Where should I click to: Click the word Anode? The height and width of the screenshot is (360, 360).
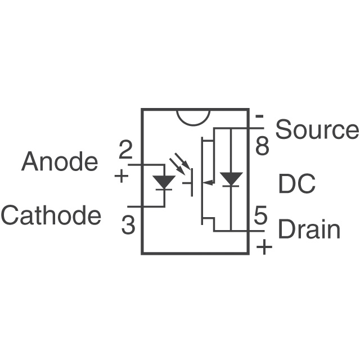60,161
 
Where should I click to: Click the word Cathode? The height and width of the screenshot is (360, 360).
51,215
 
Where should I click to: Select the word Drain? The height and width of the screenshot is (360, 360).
309,228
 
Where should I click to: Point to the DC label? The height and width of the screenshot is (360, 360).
297,183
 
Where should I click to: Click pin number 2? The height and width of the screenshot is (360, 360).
126,150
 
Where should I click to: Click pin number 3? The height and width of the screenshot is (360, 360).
128,225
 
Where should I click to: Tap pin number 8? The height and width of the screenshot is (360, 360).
262,146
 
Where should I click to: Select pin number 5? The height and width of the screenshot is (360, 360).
260,215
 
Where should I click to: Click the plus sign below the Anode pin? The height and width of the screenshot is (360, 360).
121,176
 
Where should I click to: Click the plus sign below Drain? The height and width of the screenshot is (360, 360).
264,247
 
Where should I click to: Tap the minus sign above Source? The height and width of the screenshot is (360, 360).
260,116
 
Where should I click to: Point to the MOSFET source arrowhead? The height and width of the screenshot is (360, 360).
208,182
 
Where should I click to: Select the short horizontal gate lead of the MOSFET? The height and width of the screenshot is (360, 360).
187,183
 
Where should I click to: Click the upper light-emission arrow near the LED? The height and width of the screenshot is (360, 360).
182,160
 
